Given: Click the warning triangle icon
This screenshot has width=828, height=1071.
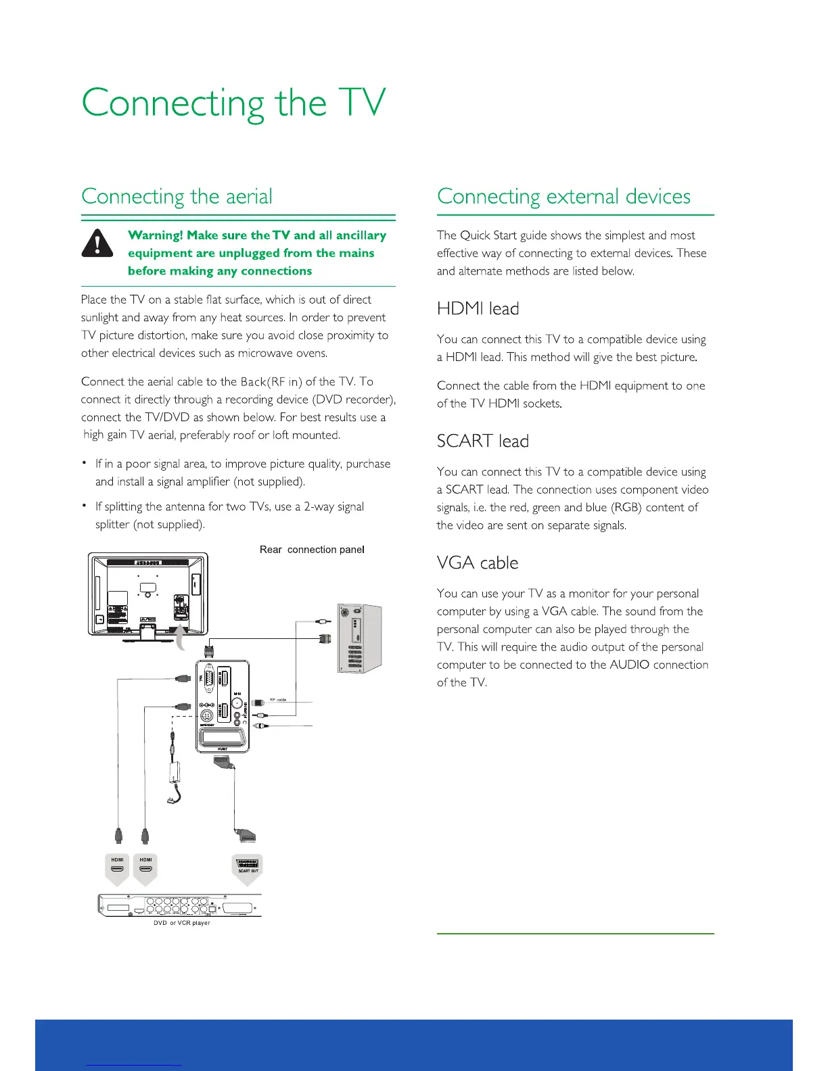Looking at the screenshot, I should click(x=97, y=243).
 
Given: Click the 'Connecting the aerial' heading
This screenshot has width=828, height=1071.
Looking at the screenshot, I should click(x=177, y=196).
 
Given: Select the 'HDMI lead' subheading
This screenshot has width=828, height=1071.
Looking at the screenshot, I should click(x=478, y=308).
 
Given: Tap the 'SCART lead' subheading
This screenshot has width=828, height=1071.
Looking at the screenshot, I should click(x=482, y=441).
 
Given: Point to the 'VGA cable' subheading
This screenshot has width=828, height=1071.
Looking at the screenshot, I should click(x=477, y=563).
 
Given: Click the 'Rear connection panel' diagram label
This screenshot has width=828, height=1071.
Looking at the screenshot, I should click(x=312, y=550).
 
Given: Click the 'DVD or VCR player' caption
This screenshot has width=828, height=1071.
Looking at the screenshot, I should click(x=181, y=923).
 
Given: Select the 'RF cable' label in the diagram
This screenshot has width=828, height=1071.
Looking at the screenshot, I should click(x=278, y=700).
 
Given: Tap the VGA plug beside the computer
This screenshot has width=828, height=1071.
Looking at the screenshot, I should click(x=325, y=638).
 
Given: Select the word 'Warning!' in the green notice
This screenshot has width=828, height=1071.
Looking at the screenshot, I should click(x=155, y=235).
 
